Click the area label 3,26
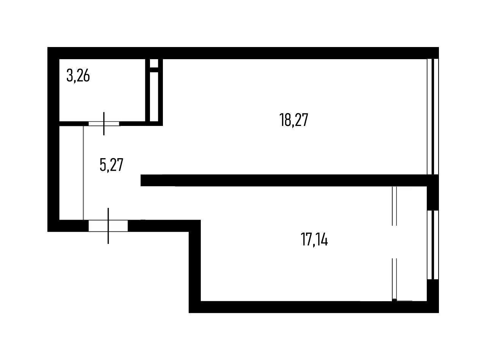pyautogui.click(x=78, y=76)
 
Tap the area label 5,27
pyautogui.click(x=111, y=165)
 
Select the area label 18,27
pyautogui.click(x=293, y=120)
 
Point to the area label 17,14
pyautogui.click(x=314, y=239)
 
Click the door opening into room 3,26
pyautogui.click(x=104, y=124)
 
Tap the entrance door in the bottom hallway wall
pyautogui.click(x=108, y=226)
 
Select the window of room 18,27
pyautogui.click(x=433, y=116)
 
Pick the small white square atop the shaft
pyautogui.click(x=154, y=63)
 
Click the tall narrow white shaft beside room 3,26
pyautogui.click(x=154, y=97)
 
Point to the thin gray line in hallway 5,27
pyautogui.click(x=83, y=173)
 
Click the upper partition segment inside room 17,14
pyautogui.click(x=394, y=206)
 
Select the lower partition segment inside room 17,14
pyautogui.click(x=394, y=279)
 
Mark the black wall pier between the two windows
pyautogui.click(x=433, y=198)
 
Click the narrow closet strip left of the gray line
pyautogui.click(x=71, y=173)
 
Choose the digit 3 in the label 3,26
pyautogui.click(x=70, y=76)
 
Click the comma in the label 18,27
pyautogui.click(x=293, y=126)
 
